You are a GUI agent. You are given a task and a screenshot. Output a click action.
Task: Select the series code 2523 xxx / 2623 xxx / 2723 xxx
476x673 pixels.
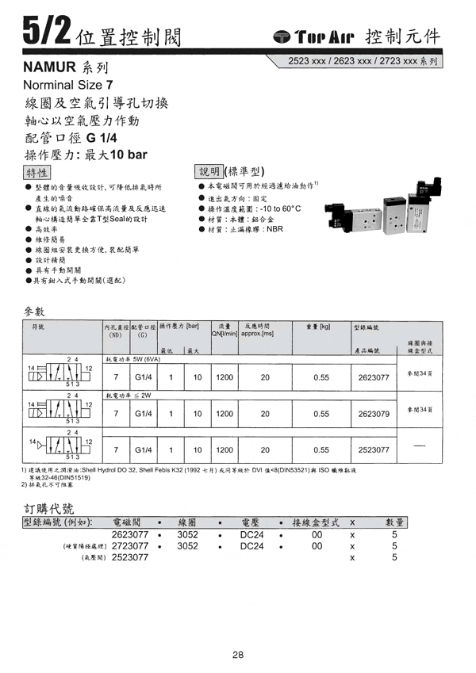tap(365, 60)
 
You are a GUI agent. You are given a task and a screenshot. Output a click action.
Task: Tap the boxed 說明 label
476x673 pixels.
tap(209, 171)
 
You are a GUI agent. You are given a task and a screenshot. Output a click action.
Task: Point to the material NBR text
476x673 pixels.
tap(274, 229)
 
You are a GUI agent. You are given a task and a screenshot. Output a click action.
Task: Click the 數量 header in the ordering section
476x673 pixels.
tap(394, 522)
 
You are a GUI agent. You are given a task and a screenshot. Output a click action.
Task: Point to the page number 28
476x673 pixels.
tap(238, 655)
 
